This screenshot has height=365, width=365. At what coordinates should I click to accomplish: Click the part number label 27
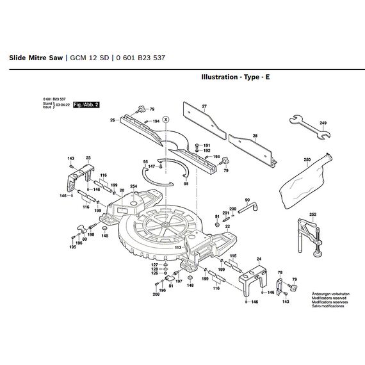point(204,106)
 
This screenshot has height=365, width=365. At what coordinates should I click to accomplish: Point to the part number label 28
point(255,136)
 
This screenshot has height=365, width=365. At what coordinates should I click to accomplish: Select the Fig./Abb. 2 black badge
point(86,104)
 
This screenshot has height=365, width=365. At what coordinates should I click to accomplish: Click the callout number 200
point(233,209)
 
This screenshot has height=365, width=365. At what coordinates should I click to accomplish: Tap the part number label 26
point(112,120)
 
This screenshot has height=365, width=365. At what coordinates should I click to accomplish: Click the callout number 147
point(151,166)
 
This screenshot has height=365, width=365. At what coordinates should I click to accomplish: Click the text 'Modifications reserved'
point(330,298)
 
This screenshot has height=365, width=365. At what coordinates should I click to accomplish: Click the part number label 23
point(88,158)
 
